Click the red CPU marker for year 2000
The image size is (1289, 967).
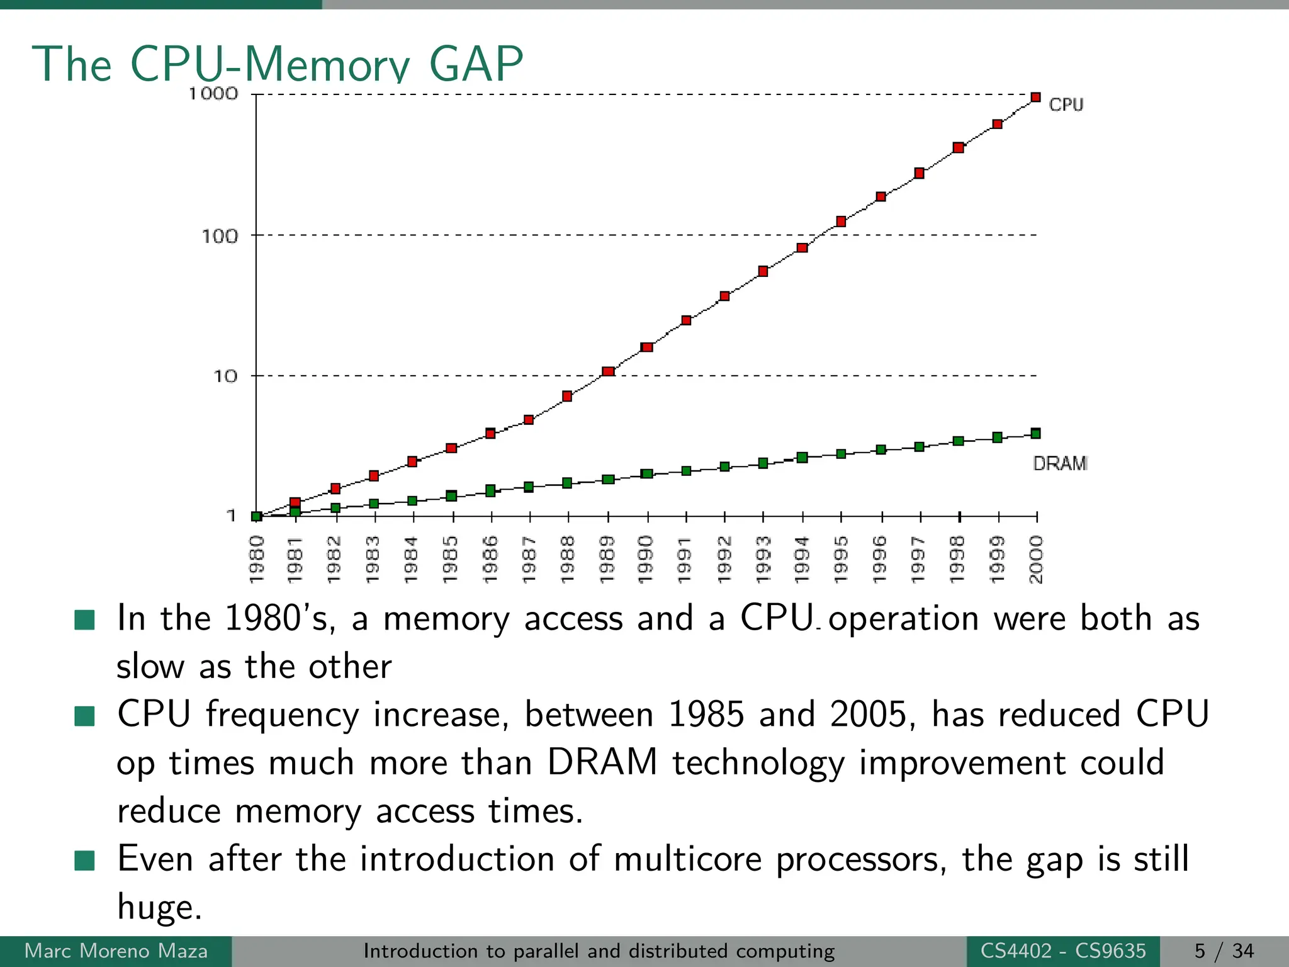click(1035, 98)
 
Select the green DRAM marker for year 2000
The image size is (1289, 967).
click(1035, 433)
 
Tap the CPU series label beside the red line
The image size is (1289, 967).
click(1066, 105)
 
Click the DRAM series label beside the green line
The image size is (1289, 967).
click(1060, 464)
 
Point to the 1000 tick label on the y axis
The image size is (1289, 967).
click(213, 94)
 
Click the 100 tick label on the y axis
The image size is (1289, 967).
click(220, 237)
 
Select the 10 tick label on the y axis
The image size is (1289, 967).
click(225, 376)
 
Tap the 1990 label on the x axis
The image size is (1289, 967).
click(646, 559)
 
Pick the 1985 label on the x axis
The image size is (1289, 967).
click(451, 559)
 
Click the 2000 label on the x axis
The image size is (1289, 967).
click(1036, 559)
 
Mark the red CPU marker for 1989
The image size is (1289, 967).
click(608, 371)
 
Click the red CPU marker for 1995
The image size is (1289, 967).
click(841, 222)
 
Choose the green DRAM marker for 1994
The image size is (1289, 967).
click(802, 458)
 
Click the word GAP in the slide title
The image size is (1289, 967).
click(476, 64)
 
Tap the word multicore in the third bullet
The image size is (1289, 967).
click(687, 859)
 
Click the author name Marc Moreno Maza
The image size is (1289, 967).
click(116, 951)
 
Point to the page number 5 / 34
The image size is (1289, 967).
click(1224, 951)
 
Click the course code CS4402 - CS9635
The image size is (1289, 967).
click(1063, 951)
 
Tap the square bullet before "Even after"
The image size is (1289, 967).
click(84, 860)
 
